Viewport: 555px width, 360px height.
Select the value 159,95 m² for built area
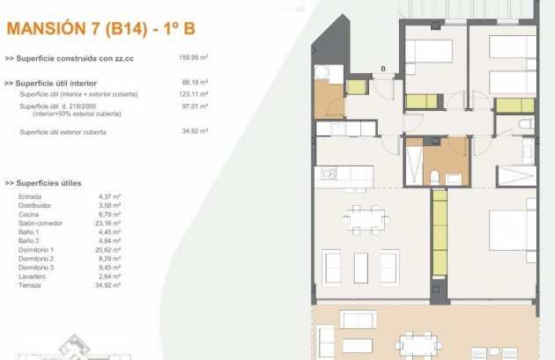point(193,58)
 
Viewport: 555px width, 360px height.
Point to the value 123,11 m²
point(193,94)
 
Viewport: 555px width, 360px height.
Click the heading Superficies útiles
point(43,183)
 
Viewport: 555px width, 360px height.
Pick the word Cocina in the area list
point(29,214)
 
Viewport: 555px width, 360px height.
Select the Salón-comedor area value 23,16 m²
point(109,224)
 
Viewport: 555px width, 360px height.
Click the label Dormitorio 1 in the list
point(36,250)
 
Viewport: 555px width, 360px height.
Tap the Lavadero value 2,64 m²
point(109,276)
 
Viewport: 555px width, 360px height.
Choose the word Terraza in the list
point(30,285)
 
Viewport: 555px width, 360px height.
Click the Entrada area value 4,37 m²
point(109,196)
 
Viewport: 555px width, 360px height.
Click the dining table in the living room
point(365,217)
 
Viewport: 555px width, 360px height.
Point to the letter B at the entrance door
point(383,68)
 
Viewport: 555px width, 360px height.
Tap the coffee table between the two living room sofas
point(361,266)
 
